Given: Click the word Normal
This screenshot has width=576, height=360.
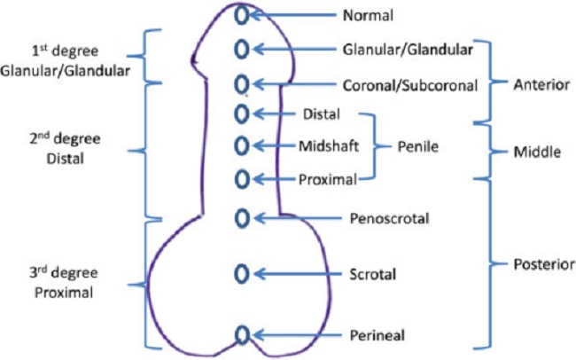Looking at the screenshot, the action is (368, 15).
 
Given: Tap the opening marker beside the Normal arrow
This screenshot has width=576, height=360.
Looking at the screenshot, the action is (241, 15).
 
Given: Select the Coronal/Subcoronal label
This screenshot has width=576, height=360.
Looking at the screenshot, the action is (410, 85).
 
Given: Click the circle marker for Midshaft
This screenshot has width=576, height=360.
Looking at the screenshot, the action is (241, 145).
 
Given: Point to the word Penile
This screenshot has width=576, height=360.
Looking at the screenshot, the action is (418, 146).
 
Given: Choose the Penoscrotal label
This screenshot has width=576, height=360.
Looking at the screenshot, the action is (389, 218).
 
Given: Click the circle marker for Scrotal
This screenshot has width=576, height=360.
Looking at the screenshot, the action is (241, 274).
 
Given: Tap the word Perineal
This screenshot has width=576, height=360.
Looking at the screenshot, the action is (378, 335).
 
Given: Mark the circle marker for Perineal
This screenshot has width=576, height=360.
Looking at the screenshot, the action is (242, 334).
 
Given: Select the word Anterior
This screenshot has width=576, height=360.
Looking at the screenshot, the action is (541, 85).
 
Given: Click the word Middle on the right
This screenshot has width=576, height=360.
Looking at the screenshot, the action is (537, 152).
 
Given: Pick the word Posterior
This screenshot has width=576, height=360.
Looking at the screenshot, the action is (544, 264).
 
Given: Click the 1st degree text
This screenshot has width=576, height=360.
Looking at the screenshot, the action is (66, 51).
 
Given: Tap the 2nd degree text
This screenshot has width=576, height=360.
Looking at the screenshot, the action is (65, 139).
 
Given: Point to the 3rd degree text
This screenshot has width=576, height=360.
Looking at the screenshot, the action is (64, 273).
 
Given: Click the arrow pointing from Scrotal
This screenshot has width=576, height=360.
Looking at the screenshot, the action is (298, 274).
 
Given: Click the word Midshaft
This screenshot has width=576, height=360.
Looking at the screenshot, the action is (329, 146).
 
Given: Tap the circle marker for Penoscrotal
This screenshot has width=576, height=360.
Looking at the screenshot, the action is (241, 218).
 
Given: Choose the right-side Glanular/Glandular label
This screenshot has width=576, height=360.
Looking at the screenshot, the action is (408, 50).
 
